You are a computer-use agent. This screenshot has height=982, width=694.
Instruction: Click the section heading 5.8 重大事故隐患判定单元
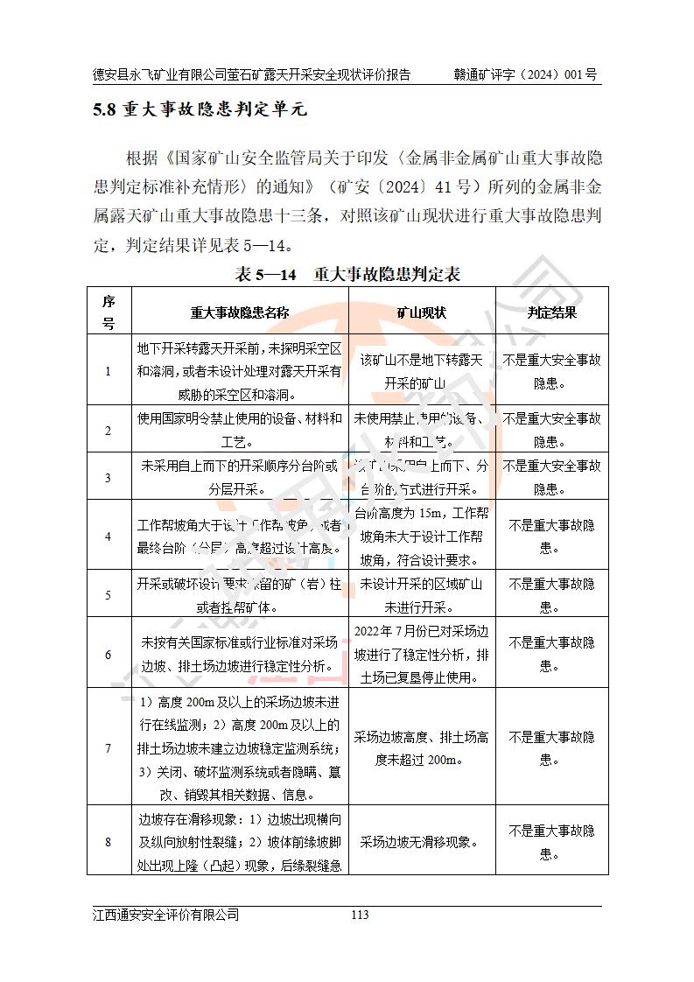pos(201,111)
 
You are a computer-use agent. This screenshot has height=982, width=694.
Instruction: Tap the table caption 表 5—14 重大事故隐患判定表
pos(347,274)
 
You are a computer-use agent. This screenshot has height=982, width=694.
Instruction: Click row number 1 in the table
pos(109,371)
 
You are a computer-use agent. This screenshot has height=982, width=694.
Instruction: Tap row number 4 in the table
pos(109,536)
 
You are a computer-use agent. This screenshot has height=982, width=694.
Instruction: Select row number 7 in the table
pos(109,748)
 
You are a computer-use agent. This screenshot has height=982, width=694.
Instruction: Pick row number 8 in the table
pos(109,842)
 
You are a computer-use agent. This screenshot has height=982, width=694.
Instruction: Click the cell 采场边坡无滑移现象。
pos(422,842)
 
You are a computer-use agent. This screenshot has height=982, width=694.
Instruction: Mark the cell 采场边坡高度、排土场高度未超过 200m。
pos(422,748)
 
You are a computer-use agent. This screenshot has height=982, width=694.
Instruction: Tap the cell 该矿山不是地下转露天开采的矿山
pos(422,371)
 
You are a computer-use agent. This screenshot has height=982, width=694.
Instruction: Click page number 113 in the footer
pos(359,915)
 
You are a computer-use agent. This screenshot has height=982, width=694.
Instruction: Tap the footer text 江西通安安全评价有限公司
pos(166,915)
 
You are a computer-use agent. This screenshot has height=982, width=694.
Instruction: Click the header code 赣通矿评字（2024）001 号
pos(525,75)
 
